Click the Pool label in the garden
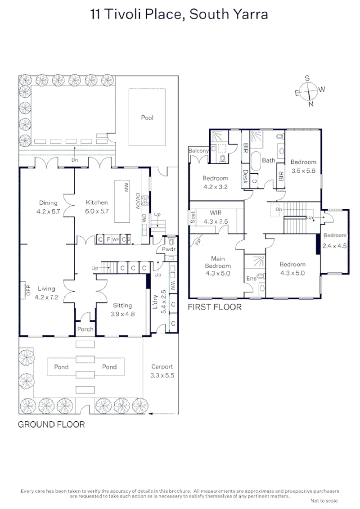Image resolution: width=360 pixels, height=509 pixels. click(147, 118)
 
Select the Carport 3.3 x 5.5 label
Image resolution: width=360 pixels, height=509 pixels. click(162, 371)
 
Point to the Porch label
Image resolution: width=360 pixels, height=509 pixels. click(85, 329)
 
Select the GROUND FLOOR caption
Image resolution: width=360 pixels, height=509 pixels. click(51, 424)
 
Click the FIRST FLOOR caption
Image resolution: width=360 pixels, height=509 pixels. click(214, 307)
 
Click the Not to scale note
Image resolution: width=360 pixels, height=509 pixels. click(324, 500)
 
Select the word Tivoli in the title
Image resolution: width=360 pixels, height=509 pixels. click(126, 14)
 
